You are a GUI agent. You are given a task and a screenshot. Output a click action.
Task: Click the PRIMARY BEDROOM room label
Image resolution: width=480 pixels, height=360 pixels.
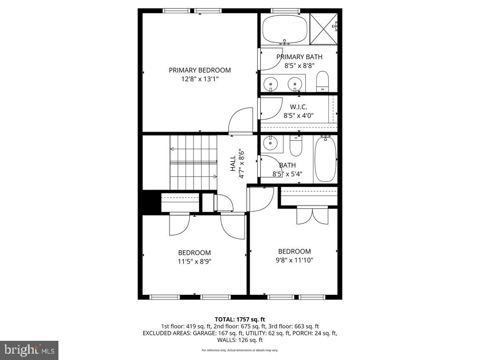(x=200, y=70)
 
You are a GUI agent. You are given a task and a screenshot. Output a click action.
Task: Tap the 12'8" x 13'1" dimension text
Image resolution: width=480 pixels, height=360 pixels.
(x=200, y=79)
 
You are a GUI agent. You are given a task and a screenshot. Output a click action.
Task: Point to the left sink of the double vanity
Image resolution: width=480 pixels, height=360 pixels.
(x=271, y=84)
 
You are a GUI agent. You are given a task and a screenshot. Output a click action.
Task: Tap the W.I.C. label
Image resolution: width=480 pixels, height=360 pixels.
(x=298, y=107)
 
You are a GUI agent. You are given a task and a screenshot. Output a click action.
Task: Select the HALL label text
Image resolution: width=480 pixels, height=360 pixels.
(x=233, y=164)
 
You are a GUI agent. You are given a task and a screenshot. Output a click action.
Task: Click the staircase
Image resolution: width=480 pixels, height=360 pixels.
(x=193, y=162)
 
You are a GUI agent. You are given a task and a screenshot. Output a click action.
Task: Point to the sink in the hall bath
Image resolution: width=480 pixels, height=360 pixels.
(x=271, y=142)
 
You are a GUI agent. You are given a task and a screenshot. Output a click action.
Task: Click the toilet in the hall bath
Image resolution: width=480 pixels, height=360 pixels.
(x=296, y=146)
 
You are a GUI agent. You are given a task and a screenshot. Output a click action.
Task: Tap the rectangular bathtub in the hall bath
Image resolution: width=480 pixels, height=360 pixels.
(x=325, y=159)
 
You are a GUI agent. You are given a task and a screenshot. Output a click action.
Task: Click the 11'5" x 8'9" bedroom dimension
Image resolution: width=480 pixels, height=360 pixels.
(x=194, y=262)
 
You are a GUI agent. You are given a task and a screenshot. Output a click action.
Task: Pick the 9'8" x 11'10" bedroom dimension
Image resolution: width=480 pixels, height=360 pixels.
(x=294, y=260)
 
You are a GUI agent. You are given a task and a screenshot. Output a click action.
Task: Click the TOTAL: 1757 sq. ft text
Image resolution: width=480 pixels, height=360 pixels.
(x=240, y=319)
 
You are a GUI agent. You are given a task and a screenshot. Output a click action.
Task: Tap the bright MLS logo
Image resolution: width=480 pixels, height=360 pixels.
(x=29, y=350)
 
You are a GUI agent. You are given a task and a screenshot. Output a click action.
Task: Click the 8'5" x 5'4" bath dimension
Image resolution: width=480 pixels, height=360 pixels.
(x=287, y=174)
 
